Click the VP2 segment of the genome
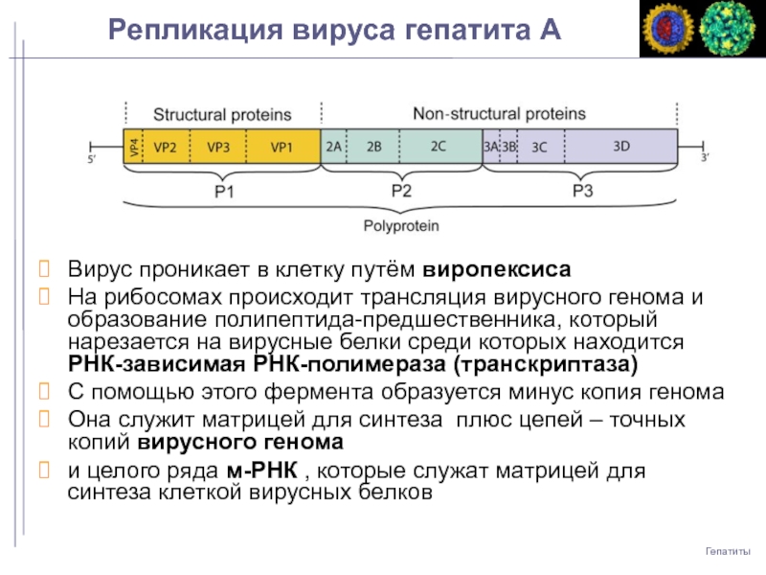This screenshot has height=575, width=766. point(165,147)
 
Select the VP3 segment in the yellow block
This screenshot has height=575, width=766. point(217,147)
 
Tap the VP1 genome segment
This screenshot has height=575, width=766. point(281,147)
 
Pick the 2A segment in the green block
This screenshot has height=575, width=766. point(333,147)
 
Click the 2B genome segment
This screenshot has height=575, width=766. point(373,147)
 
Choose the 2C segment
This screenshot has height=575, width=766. point(438,147)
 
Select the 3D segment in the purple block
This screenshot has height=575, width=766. point(621,147)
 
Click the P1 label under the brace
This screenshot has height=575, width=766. point(223,192)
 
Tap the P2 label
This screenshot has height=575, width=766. point(401,191)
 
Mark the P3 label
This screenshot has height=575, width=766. point(582,191)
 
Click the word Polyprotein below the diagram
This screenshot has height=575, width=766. point(400,226)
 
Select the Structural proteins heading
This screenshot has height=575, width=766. point(222,114)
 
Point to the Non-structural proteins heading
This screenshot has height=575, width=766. point(499,113)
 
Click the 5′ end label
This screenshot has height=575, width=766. point(93,160)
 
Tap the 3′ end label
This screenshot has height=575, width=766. point(705,158)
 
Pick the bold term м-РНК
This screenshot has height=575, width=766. point(263,471)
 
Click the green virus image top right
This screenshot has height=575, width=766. point(728,30)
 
